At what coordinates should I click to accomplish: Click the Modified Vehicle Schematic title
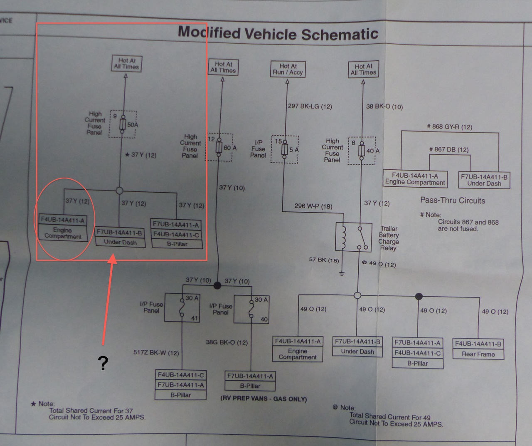click(278, 33)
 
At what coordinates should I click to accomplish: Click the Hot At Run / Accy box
click(288, 69)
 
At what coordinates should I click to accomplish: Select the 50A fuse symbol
click(123, 124)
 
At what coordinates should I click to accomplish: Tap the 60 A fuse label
click(230, 148)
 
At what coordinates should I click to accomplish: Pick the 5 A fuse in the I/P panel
click(285, 149)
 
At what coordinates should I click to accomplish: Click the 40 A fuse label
click(373, 151)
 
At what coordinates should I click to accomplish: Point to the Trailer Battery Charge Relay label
click(389, 238)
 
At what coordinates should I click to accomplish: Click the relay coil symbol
click(343, 238)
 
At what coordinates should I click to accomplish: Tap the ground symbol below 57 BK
click(342, 273)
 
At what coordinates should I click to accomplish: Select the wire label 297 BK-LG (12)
click(310, 106)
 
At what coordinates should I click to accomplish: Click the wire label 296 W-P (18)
click(313, 206)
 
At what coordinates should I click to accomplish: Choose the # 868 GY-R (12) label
click(449, 127)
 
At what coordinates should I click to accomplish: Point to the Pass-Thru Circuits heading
click(453, 201)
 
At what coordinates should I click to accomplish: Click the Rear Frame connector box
click(478, 349)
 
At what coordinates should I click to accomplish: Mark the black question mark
click(103, 363)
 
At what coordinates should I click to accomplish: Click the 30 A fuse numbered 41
click(182, 308)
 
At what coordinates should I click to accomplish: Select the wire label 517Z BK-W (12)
click(156, 353)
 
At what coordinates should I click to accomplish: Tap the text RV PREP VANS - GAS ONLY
click(264, 399)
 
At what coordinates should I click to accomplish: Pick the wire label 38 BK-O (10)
click(384, 107)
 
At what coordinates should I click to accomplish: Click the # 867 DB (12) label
click(448, 149)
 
